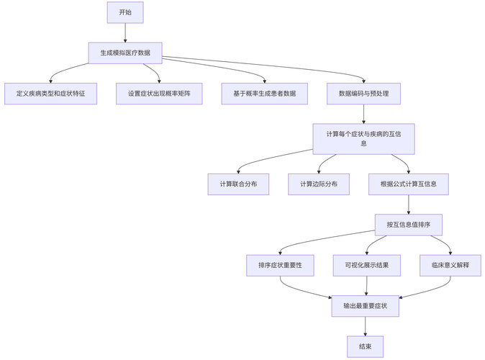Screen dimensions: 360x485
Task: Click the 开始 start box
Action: [125, 12]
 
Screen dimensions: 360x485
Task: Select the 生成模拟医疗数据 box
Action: [125, 53]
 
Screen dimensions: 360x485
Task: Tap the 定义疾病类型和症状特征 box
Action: [50, 94]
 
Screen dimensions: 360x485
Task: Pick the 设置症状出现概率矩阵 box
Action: [160, 94]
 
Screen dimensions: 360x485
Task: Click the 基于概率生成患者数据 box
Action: [264, 94]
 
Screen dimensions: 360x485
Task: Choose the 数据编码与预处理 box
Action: [363, 94]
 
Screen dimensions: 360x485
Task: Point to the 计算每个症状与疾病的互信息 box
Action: [363, 138]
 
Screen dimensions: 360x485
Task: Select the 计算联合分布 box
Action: [238, 184]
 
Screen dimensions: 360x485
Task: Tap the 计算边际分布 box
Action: [319, 184]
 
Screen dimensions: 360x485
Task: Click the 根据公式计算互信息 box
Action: [409, 184]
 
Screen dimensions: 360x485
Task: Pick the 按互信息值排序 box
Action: [409, 225]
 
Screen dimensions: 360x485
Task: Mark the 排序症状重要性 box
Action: [280, 265]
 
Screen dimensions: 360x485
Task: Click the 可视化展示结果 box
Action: [367, 265]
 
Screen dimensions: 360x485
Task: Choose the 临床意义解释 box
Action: [450, 265]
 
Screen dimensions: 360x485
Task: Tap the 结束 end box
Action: [366, 346]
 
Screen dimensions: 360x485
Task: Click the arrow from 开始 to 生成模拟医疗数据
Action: [125, 32]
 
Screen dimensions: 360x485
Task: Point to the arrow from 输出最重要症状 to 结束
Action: [366, 325]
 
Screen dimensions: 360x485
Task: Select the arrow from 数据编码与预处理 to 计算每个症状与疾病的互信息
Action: [363, 114]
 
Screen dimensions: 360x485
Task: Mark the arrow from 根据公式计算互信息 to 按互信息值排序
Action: [409, 204]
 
